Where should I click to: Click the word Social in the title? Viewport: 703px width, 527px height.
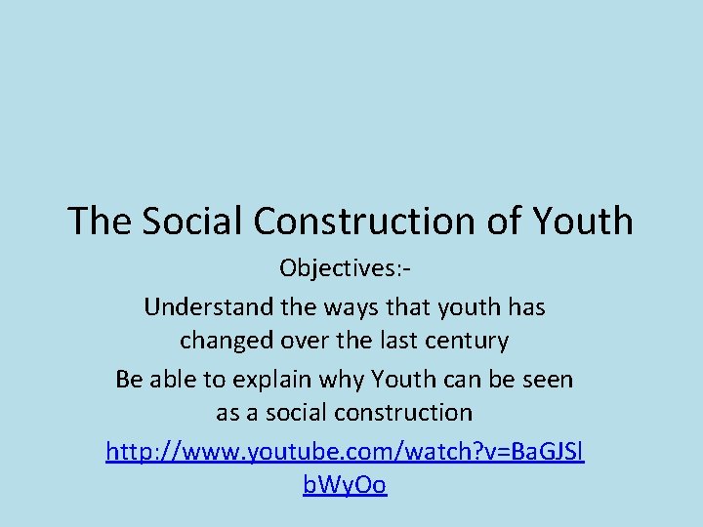click(193, 222)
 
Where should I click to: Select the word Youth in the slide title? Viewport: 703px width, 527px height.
click(583, 222)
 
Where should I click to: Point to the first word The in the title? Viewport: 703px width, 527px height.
click(101, 222)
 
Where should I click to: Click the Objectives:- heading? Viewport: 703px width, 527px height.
click(351, 267)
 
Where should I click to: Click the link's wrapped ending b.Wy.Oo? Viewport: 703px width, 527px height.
click(345, 485)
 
